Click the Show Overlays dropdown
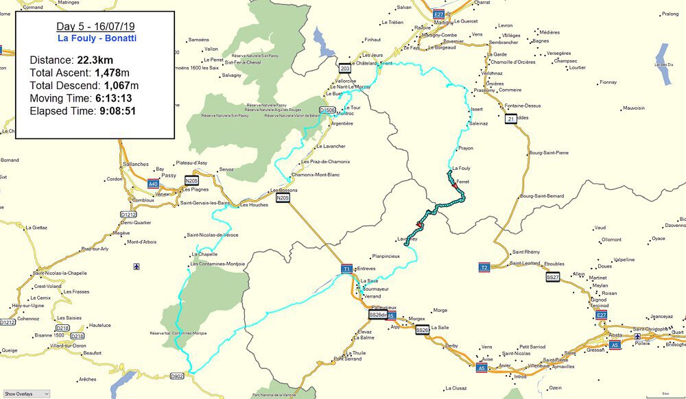pyautogui.click(x=26, y=394)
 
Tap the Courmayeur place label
pyautogui.click(x=376, y=289)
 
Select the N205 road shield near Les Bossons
pyautogui.click(x=282, y=198)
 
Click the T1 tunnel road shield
pyautogui.click(x=346, y=269)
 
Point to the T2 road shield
pyautogui.click(x=484, y=267)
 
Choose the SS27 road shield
pyautogui.click(x=553, y=277)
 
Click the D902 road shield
pyautogui.click(x=177, y=376)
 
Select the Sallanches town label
pyautogui.click(x=137, y=165)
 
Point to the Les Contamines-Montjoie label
pyautogui.click(x=217, y=264)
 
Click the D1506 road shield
pyautogui.click(x=328, y=110)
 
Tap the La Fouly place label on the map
pyautogui.click(x=461, y=168)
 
